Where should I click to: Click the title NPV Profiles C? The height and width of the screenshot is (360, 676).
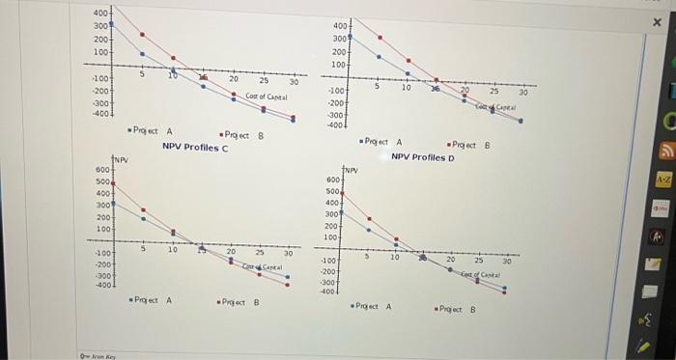tap(195, 148)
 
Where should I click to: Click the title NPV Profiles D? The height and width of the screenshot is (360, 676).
tap(423, 156)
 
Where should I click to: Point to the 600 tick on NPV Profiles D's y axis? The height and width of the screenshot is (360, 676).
tap(333, 180)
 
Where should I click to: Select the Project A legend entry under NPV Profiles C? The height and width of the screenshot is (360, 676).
tap(153, 300)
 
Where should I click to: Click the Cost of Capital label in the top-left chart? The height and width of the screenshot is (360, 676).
tap(267, 97)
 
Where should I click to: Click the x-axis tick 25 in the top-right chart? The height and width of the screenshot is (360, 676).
tap(493, 88)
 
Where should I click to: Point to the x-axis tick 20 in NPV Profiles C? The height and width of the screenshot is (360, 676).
tap(231, 251)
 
